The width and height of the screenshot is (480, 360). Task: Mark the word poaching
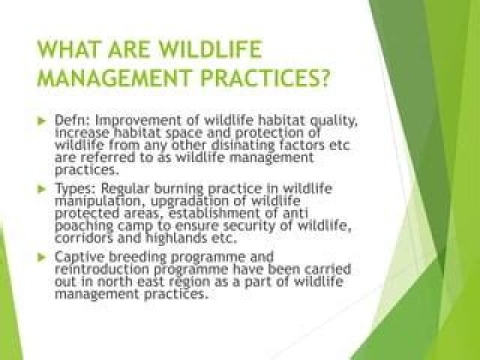81,226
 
